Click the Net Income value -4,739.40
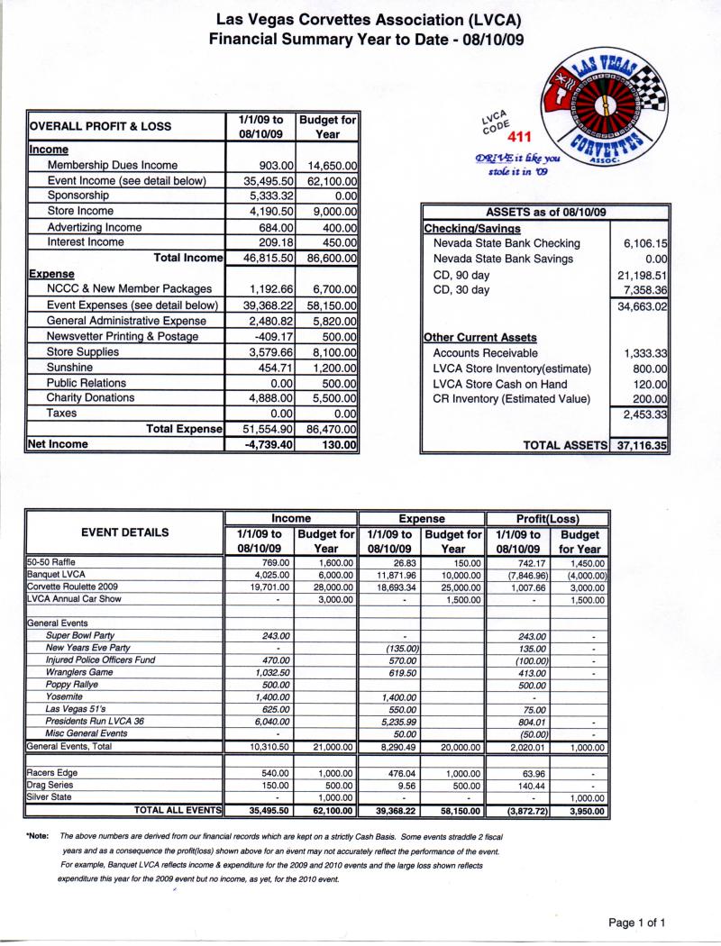262,444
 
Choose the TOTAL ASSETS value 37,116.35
639,445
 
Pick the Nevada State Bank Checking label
507,243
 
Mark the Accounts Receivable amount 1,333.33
639,353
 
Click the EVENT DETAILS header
124,532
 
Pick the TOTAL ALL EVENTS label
178,811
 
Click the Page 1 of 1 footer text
637,923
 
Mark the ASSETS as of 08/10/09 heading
545,213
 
